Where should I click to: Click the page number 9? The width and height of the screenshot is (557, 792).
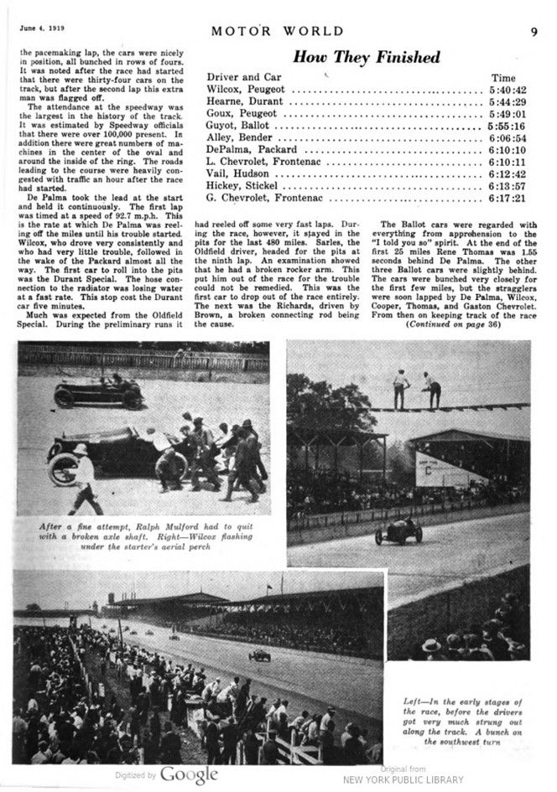click(x=534, y=33)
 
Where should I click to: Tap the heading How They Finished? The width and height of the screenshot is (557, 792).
click(x=366, y=57)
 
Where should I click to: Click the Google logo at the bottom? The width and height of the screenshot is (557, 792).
click(x=189, y=774)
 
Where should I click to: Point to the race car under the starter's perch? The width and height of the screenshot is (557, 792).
click(x=398, y=531)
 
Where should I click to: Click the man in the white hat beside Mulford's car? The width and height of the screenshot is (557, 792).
click(x=84, y=478)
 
